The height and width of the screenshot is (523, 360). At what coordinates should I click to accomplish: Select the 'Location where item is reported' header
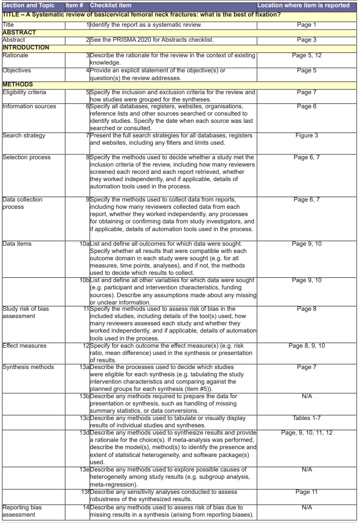pos(303,5)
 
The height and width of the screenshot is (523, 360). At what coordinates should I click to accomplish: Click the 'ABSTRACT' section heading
pos(19,33)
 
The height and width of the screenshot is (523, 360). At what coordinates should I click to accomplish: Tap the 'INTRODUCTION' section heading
pos(26,48)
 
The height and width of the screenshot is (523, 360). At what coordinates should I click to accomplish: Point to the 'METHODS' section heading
pos(17,84)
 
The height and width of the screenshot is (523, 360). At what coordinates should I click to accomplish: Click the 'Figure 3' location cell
pos(307,135)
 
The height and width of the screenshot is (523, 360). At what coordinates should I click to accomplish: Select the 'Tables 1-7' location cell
pos(307,418)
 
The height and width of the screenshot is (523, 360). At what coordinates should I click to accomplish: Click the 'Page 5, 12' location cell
pos(307,55)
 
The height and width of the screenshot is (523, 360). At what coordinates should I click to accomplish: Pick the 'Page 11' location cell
pos(307,492)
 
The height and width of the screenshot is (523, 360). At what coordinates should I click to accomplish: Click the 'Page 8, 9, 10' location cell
pos(307,346)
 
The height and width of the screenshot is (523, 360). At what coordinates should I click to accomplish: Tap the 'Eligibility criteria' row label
pos(24,92)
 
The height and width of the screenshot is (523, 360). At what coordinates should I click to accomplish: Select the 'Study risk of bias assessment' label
pos(25,312)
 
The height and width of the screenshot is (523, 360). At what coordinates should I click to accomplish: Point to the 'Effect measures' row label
pos(24,346)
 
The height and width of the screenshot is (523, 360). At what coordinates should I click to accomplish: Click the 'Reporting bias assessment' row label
pos(22,511)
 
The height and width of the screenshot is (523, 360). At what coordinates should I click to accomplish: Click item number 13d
pos(84,433)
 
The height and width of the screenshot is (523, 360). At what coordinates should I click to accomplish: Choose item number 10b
pos(84,280)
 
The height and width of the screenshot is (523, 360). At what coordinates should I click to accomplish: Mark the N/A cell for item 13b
pos(307,396)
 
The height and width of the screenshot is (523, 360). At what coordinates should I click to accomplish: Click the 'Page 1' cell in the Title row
pos(307,25)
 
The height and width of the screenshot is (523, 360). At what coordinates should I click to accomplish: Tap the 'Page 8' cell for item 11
pos(307,309)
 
